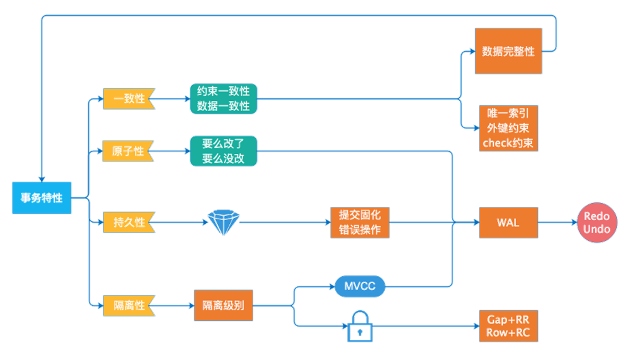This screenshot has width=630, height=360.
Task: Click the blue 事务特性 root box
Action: [x=42, y=198]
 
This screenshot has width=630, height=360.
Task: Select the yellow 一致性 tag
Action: [x=129, y=99]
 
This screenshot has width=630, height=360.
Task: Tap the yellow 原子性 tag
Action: [x=129, y=151]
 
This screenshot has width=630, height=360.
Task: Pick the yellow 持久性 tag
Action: [x=129, y=223]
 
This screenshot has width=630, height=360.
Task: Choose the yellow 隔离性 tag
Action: [x=129, y=306]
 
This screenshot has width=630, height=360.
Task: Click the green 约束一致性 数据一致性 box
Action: [x=223, y=99]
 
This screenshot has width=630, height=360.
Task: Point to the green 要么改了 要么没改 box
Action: [x=223, y=151]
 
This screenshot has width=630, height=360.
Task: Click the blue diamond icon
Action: [x=224, y=223]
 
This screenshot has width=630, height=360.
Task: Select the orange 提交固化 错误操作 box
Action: [x=360, y=223]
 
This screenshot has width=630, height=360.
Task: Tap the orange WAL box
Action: [x=508, y=223]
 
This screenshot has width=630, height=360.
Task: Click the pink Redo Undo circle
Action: [x=597, y=223]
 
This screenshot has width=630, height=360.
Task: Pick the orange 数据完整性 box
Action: [x=508, y=51]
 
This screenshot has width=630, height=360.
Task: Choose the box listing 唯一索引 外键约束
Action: [x=508, y=128]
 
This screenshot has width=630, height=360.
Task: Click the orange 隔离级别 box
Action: [x=223, y=306]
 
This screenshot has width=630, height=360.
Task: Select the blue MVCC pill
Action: [x=360, y=286]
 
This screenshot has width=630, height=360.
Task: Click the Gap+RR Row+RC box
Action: [x=508, y=326]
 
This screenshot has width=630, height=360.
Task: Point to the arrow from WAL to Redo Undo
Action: [x=558, y=223]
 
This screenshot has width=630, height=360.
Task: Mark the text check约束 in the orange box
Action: [x=508, y=143]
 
